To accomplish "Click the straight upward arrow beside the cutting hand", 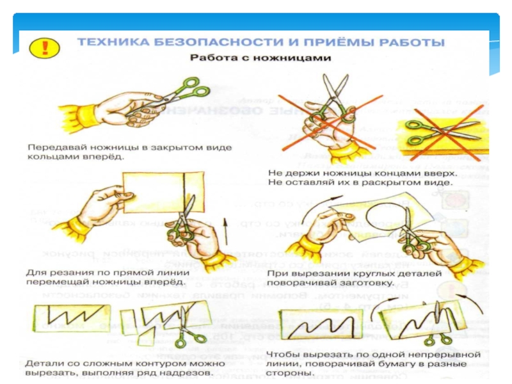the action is coord(225,234).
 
